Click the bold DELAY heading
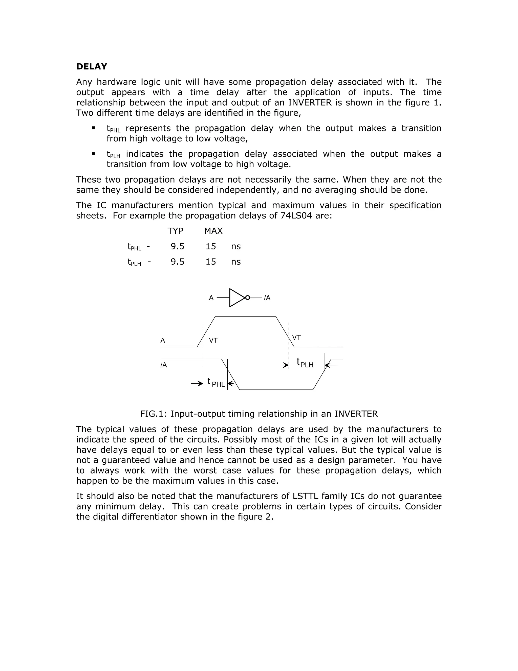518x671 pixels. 92,67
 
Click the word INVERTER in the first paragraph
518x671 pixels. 310,103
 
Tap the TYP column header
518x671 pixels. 175,231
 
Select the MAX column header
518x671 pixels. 213,231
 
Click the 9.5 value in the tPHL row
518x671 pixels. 177,246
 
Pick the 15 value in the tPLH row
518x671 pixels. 210,262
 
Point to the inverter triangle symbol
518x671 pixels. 236,298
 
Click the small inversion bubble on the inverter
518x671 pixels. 248,298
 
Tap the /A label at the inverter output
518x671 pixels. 267,298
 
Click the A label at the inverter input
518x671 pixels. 211,298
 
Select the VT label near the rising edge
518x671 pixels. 213,340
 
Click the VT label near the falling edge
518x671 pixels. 296,338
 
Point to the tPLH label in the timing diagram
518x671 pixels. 305,363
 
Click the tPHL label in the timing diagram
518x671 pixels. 216,383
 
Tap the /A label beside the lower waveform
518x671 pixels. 164,365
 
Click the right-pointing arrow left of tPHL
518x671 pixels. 197,384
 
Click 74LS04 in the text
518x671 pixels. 296,216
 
